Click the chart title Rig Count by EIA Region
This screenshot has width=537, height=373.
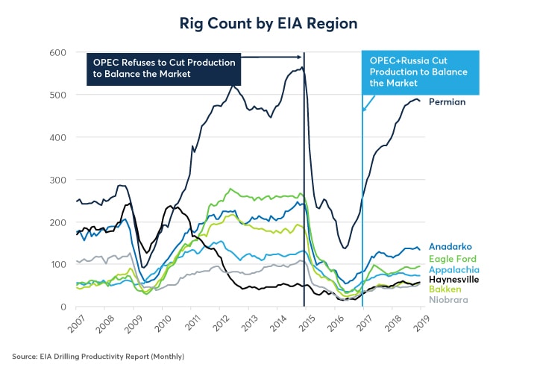[x=268, y=23]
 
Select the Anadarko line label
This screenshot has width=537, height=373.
[x=450, y=247]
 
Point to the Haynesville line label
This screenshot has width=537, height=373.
[x=453, y=279]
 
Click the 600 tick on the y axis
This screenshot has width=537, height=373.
[x=59, y=52]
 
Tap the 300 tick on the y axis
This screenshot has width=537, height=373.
[x=59, y=180]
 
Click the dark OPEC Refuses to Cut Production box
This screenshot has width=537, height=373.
[x=164, y=68]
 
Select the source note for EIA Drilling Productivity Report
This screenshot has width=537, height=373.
[x=98, y=357]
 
